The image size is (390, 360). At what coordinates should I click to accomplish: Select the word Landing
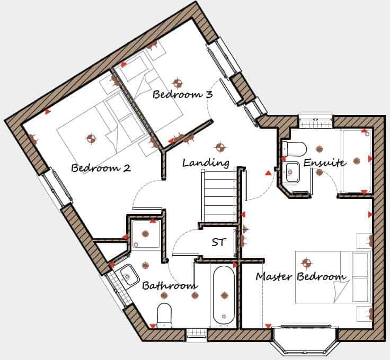point(206,163)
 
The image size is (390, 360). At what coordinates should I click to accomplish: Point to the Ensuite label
point(325,163)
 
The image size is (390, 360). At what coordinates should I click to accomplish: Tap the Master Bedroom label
point(301,276)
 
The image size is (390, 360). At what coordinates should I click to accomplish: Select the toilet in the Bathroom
point(164,314)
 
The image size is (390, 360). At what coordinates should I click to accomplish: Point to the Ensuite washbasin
point(291,170)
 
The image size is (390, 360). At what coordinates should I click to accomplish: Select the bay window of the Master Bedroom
point(304,339)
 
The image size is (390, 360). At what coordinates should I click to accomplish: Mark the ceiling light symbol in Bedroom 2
point(92,139)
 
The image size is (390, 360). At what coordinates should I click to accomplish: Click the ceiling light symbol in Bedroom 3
point(177,83)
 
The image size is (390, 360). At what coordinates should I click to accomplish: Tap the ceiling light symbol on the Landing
point(219,147)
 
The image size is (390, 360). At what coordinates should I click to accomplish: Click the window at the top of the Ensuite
point(315,122)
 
